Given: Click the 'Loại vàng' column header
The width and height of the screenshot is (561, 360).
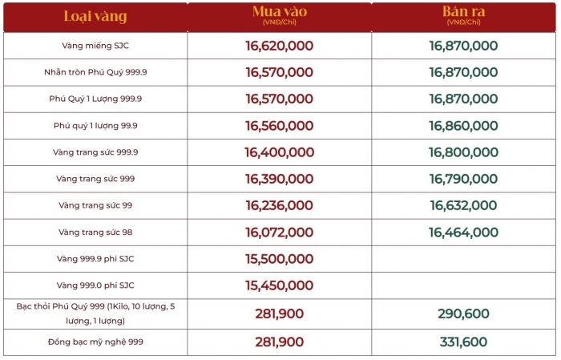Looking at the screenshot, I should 95,16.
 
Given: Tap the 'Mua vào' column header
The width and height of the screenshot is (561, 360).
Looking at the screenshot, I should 279,12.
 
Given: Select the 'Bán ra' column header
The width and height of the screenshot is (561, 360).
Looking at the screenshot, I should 463,12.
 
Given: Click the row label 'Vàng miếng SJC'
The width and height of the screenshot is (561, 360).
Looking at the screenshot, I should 95,46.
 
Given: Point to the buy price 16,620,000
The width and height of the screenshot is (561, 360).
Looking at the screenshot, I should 279,46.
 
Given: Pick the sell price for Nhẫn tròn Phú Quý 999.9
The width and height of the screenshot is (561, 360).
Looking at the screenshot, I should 463,72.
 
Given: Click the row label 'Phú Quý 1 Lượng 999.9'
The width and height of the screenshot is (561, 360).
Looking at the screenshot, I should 95,99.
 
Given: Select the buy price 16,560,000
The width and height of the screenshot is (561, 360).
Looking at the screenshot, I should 279,126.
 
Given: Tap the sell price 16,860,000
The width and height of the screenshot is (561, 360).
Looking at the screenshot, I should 463,126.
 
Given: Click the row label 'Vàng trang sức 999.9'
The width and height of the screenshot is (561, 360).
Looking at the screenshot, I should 95,152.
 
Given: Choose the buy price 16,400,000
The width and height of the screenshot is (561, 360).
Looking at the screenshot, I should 279,152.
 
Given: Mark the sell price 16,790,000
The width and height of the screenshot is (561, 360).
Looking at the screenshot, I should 463,179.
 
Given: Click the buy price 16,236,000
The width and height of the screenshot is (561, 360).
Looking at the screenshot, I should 279,205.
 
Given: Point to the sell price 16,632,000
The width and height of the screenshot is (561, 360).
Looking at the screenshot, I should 463,205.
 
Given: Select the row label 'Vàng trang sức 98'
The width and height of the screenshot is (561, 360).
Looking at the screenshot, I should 95,232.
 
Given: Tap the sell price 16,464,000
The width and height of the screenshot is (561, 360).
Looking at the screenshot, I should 463,232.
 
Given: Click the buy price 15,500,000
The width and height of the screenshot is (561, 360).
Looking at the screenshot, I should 279,259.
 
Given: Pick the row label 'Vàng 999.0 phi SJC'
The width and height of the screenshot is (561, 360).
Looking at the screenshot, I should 95,285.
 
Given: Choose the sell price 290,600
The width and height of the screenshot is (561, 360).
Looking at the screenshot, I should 463,313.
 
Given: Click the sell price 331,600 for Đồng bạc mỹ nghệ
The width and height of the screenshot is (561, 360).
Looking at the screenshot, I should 463,342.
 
